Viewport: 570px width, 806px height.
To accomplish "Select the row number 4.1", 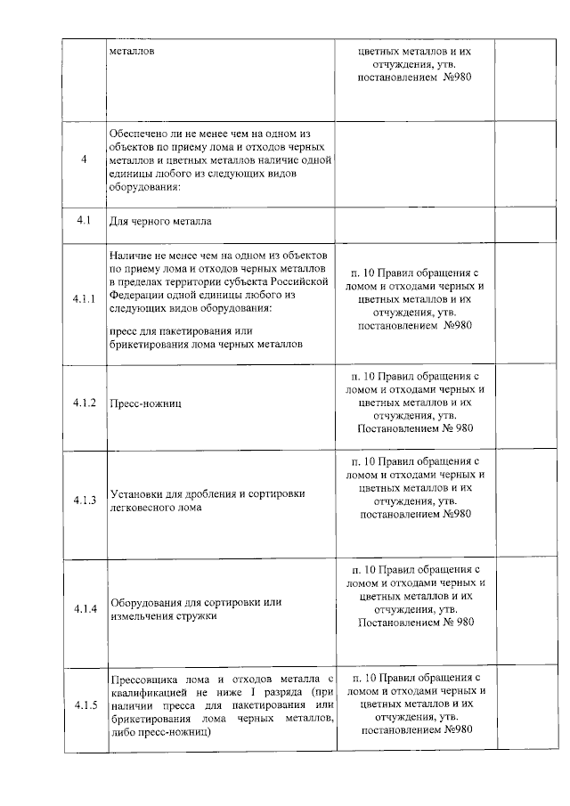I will (x=84, y=219).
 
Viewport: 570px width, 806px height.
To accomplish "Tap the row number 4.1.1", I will (x=85, y=297).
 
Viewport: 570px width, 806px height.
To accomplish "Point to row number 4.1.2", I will (x=85, y=403).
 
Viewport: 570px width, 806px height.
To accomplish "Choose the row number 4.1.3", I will (x=85, y=501).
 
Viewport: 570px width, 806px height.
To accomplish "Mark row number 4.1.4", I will (x=85, y=608).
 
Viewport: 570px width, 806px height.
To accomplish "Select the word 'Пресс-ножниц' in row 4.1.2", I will (x=141, y=404).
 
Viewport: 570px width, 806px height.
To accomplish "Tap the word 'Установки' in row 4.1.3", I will (x=136, y=493).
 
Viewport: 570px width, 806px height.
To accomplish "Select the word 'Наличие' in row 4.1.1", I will (x=130, y=254).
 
